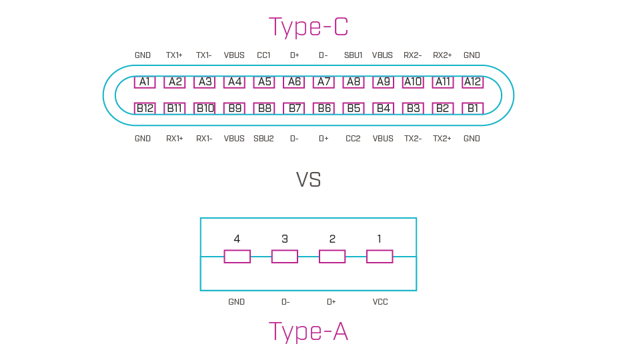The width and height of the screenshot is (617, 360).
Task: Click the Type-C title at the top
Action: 308,27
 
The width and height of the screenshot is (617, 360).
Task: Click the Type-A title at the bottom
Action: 308,331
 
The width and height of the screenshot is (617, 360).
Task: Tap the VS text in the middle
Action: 308,180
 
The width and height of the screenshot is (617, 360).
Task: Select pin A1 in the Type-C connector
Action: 145,82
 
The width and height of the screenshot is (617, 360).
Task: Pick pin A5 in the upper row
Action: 264,82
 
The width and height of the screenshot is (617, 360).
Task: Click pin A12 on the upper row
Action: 472,82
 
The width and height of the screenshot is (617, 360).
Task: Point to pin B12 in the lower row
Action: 145,108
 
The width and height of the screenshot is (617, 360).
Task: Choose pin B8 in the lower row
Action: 264,108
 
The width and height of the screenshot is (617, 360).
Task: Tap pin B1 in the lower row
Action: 472,108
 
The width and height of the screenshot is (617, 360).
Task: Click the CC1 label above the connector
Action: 263,55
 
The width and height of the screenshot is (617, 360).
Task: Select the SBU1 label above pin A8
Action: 353,55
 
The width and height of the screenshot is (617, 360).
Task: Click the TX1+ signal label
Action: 174,55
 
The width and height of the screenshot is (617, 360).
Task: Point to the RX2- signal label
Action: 412,55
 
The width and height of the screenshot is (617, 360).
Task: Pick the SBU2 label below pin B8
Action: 263,139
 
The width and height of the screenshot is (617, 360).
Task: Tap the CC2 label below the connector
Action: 353,139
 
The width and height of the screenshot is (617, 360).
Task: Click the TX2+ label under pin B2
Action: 442,139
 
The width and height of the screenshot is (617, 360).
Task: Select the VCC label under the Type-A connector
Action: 380,302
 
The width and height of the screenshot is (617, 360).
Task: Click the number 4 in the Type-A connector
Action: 237,239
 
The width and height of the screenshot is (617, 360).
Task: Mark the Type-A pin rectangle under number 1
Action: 380,257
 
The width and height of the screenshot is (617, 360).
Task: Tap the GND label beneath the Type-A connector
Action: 236,302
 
